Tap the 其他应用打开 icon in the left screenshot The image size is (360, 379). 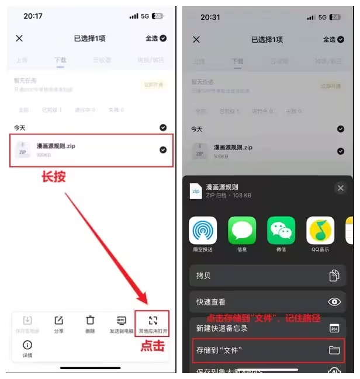pos(153,320)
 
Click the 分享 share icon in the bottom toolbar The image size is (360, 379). pos(58,321)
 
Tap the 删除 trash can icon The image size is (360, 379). pos(90,321)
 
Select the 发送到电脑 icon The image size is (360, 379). pos(122,321)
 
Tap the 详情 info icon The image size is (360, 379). pos(27,346)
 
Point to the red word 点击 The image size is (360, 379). pos(152,345)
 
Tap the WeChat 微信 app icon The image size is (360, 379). pos(281,231)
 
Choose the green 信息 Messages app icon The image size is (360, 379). pos(242,231)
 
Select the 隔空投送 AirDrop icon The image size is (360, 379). pos(203,231)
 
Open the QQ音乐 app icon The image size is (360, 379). pos(320,231)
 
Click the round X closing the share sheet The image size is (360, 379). pos(341,188)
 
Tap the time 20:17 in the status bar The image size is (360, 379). pos(33,16)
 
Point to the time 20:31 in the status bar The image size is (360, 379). pos(210,17)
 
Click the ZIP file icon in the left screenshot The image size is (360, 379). pos(23,149)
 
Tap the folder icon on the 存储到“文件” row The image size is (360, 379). pos(334,350)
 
